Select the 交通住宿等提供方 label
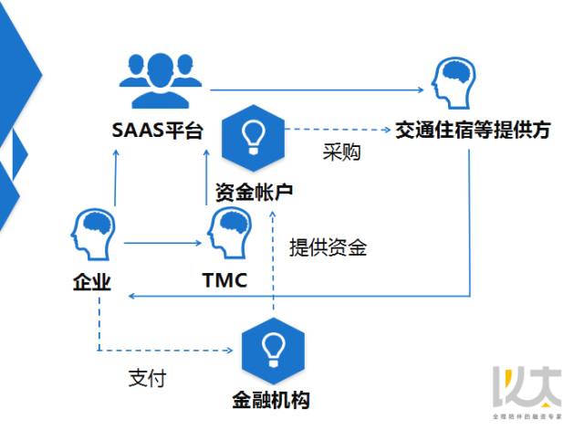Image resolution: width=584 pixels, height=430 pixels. tap(473, 131)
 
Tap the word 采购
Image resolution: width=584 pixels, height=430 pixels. tap(341, 152)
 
